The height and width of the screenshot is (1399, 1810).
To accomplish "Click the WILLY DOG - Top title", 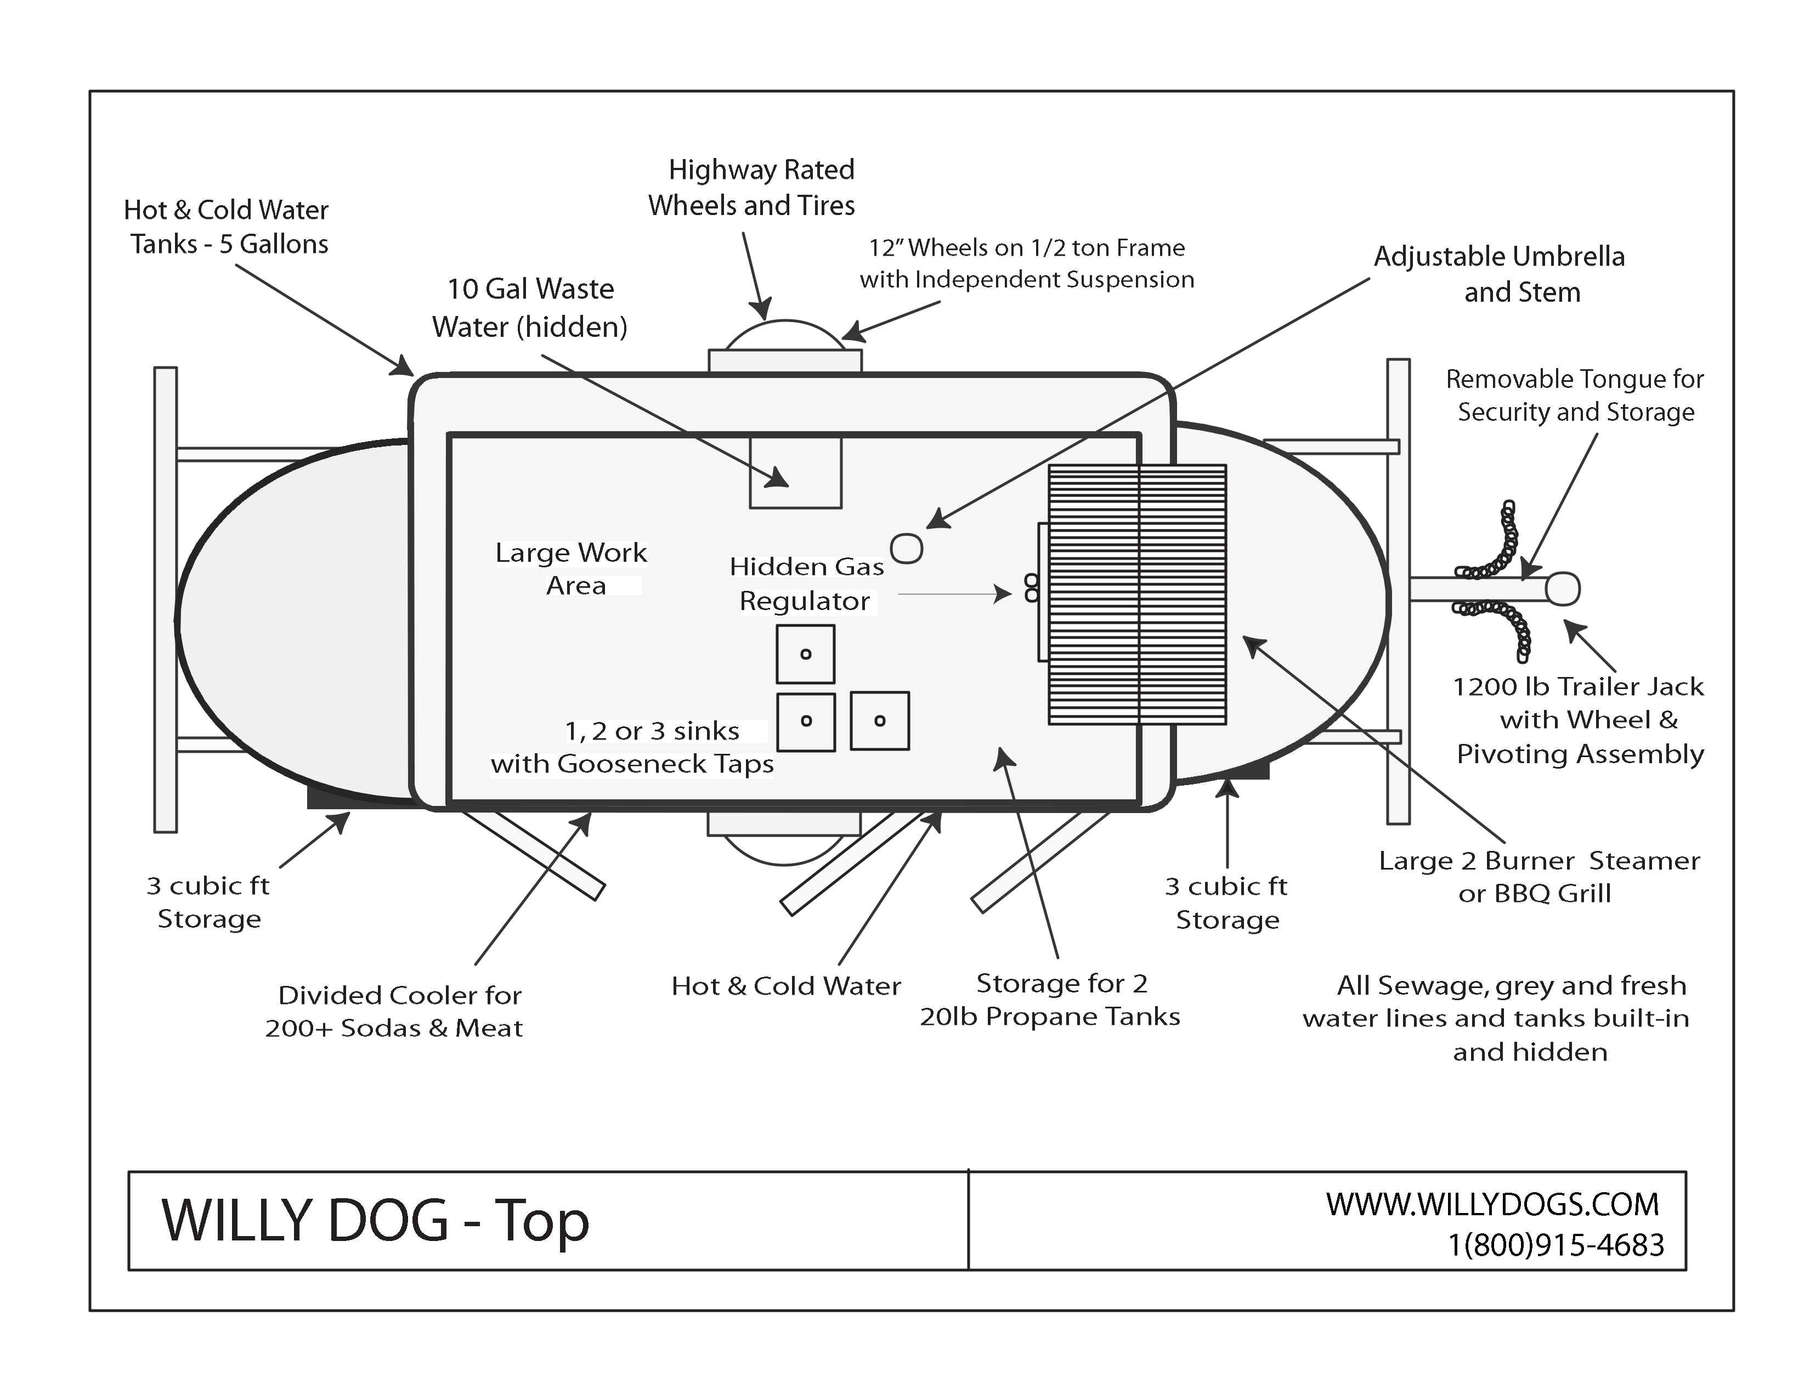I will pyautogui.click(x=375, y=1221).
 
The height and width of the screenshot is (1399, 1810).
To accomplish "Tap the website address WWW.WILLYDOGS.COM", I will pyautogui.click(x=1492, y=1204).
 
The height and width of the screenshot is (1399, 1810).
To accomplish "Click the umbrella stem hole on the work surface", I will pyautogui.click(x=906, y=548).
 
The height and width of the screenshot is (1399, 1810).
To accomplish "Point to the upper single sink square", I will pyautogui.click(x=805, y=655).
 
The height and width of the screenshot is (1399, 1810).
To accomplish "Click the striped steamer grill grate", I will pyautogui.click(x=1136, y=594).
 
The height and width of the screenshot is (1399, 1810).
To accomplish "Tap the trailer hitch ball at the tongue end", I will pyautogui.click(x=1563, y=589).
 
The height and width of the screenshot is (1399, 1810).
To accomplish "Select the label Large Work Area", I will pyautogui.click(x=572, y=568).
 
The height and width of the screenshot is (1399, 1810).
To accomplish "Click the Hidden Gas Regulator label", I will pyautogui.click(x=806, y=584).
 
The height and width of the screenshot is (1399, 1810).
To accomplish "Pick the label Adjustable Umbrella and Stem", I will pyautogui.click(x=1499, y=274).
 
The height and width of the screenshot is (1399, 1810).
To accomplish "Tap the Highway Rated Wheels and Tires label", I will pyautogui.click(x=751, y=187).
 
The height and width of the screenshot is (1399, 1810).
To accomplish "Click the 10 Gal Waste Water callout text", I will pyautogui.click(x=530, y=307).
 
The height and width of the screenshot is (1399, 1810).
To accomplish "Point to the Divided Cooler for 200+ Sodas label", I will pyautogui.click(x=394, y=1011).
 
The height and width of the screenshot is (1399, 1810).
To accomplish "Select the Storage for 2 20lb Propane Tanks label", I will pyautogui.click(x=1049, y=1000).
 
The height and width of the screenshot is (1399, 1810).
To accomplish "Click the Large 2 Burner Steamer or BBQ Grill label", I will pyautogui.click(x=1538, y=877).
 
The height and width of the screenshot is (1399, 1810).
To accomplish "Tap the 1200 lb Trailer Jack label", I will pyautogui.click(x=1579, y=719).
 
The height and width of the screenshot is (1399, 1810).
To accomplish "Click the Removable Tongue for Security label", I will pyautogui.click(x=1575, y=396).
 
